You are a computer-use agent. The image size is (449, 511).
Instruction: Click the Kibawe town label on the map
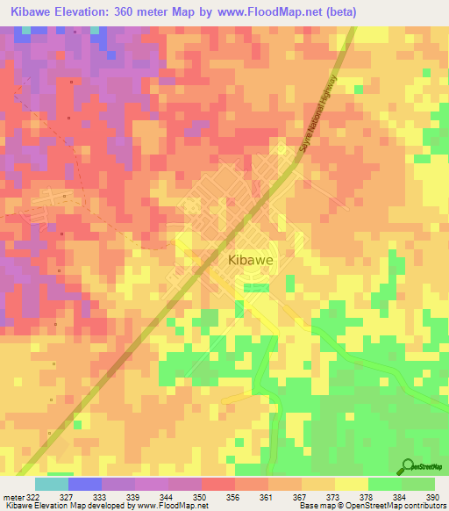click(x=252, y=261)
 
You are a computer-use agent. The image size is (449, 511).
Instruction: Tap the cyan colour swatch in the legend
click(x=52, y=484)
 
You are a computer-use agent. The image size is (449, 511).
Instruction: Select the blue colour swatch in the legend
click(x=85, y=484)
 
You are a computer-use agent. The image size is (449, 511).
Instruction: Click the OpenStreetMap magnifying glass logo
click(x=407, y=466)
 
